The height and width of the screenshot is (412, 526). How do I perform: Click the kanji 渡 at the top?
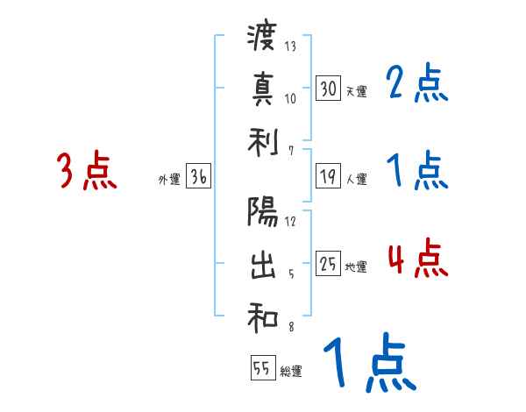(x=262, y=38)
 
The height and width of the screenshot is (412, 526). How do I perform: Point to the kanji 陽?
(x=262, y=213)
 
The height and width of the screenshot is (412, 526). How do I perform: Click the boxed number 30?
(x=328, y=88)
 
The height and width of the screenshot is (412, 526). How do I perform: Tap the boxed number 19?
(x=328, y=175)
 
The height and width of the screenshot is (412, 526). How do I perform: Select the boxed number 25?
(x=328, y=263)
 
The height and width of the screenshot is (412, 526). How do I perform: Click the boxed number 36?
(x=198, y=176)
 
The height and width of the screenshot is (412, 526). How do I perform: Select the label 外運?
(x=168, y=180)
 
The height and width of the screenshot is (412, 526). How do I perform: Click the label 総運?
(x=291, y=372)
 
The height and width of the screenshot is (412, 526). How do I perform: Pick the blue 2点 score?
(x=416, y=84)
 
